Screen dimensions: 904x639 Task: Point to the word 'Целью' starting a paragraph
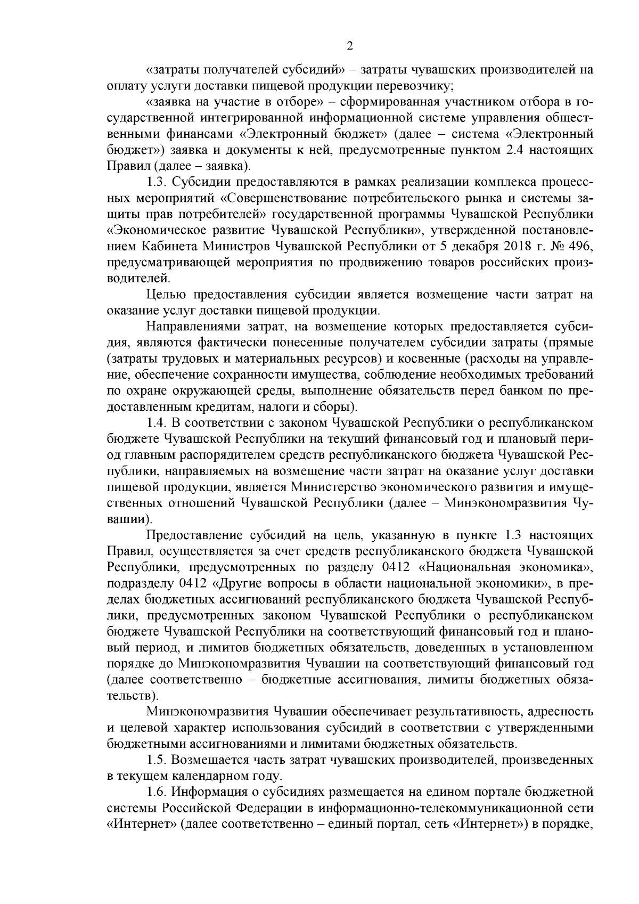(165, 294)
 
